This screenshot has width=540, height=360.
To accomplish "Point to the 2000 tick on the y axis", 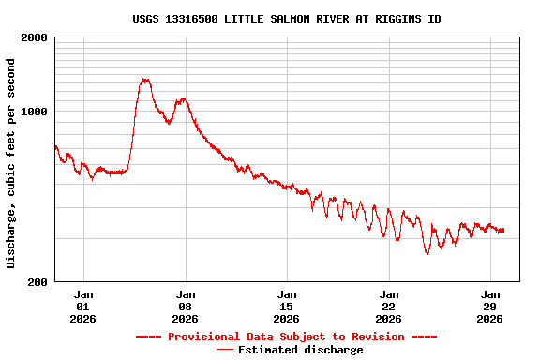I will (35, 37).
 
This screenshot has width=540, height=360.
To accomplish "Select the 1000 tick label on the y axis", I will (35, 112).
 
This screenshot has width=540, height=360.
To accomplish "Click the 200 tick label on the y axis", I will (37, 281).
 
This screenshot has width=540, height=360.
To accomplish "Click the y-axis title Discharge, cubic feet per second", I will (11, 163).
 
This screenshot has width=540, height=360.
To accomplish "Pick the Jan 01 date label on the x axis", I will (82, 306).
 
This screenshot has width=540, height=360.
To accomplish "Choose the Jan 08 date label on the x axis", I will (185, 306).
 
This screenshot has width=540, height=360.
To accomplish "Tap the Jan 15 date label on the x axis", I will (287, 306).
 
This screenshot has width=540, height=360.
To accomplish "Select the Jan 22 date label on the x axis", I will (389, 306).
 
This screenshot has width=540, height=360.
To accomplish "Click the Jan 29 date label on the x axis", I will (490, 306).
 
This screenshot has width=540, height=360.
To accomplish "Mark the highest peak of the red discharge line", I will (144, 80).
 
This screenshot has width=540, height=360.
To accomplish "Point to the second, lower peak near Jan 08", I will (183, 97).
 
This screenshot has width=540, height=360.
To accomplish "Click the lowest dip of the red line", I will (427, 253).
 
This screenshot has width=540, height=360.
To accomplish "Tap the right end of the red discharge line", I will (503, 230).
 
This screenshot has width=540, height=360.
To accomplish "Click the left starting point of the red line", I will (55, 145).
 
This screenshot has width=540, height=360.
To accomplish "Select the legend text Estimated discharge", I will (300, 350).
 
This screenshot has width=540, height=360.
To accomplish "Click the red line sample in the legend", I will (225, 350).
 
